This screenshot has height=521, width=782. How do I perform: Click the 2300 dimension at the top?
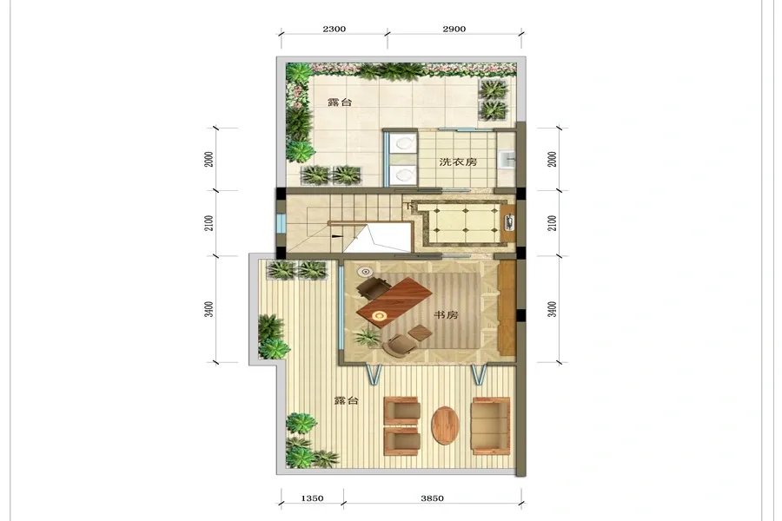335,29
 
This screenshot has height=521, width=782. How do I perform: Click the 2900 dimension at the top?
454,29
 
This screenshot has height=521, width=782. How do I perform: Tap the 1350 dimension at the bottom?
312,498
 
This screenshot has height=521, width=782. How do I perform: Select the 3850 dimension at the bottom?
432,498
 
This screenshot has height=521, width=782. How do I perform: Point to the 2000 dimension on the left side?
209,159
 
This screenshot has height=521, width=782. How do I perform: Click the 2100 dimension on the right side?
552,223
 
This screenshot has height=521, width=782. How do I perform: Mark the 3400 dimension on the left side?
209,309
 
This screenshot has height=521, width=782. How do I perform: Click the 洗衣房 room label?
458,162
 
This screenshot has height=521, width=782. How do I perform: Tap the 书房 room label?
446,315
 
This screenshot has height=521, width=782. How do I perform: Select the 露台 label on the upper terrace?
340,102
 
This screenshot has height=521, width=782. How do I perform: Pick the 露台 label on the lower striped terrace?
346,400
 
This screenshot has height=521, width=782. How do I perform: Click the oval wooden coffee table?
445,425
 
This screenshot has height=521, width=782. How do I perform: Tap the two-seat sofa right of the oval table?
491,425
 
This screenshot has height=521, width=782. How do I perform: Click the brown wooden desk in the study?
394,300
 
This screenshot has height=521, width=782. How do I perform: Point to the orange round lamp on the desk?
380,315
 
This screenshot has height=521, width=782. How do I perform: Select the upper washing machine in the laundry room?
403,143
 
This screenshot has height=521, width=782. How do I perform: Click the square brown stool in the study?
420,332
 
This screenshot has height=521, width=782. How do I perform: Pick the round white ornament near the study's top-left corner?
366,272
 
